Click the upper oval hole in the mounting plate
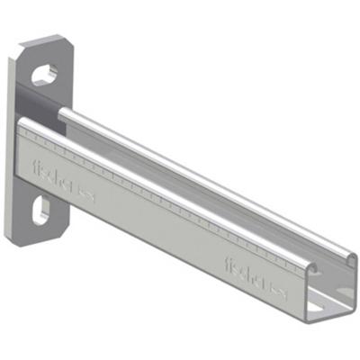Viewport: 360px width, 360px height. (45, 73)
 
